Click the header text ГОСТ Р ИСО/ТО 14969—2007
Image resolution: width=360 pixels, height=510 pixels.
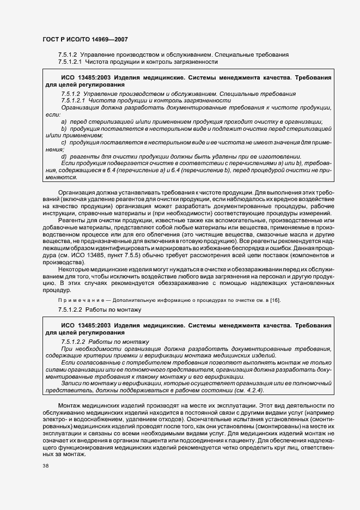click(x=85, y=40)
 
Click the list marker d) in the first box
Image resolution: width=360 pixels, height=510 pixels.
click(x=64, y=156)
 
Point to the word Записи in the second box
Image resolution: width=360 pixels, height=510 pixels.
click(x=72, y=383)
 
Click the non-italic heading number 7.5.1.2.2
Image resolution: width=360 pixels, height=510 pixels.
click(x=74, y=310)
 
